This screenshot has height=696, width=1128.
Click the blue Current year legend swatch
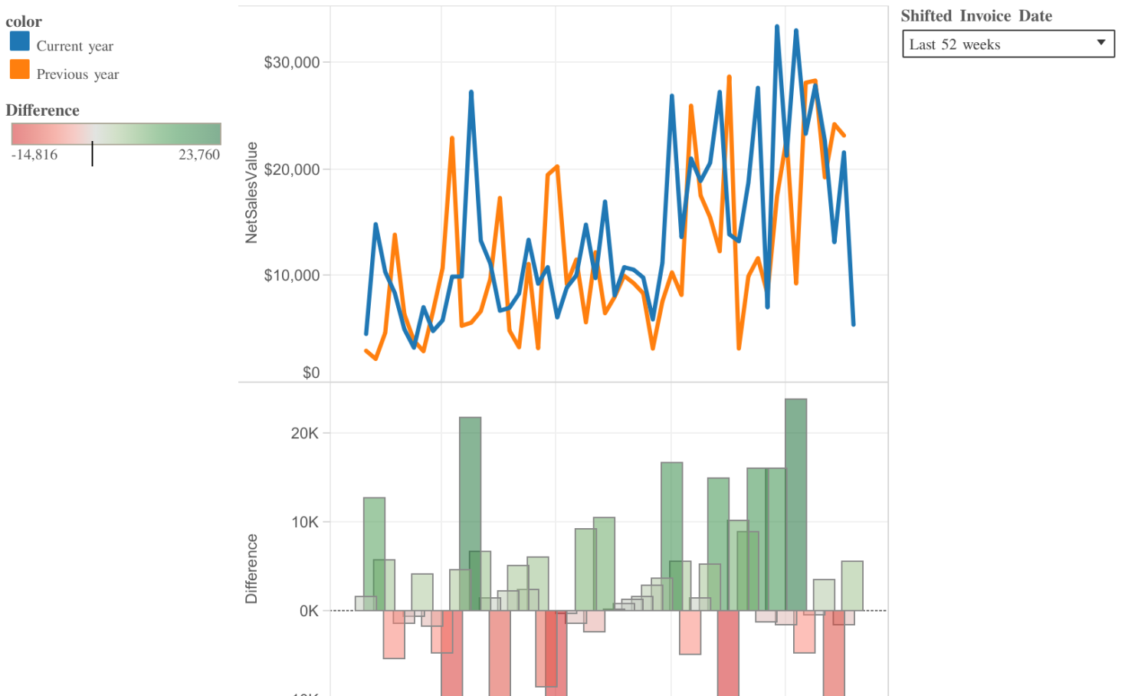[x=20, y=41]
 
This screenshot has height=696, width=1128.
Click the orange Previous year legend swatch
[x=20, y=70]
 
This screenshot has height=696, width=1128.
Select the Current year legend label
[x=74, y=46]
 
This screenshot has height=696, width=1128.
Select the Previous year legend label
[x=77, y=74]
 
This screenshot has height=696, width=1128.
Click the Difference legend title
[x=42, y=110]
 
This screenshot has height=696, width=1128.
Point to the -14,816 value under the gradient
[x=34, y=155]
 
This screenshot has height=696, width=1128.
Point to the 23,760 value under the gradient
[x=199, y=155]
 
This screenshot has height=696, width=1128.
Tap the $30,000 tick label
[x=291, y=63]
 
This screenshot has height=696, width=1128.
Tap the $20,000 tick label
[x=291, y=169]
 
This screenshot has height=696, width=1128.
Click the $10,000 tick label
[x=291, y=275]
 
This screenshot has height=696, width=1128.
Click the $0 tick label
[x=311, y=373]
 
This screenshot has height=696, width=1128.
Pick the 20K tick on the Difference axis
[x=304, y=433]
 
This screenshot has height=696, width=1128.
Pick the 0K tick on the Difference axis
[x=309, y=611]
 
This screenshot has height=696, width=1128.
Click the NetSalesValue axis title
[x=251, y=193]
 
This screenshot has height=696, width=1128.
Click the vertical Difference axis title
[x=251, y=569]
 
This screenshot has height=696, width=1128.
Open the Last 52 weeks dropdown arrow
[x=1100, y=43]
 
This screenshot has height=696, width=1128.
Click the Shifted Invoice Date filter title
[x=976, y=16]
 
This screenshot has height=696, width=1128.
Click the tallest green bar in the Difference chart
[x=795, y=506]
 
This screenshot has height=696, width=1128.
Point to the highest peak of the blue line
[x=777, y=28]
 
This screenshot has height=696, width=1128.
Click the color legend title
[x=24, y=21]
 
